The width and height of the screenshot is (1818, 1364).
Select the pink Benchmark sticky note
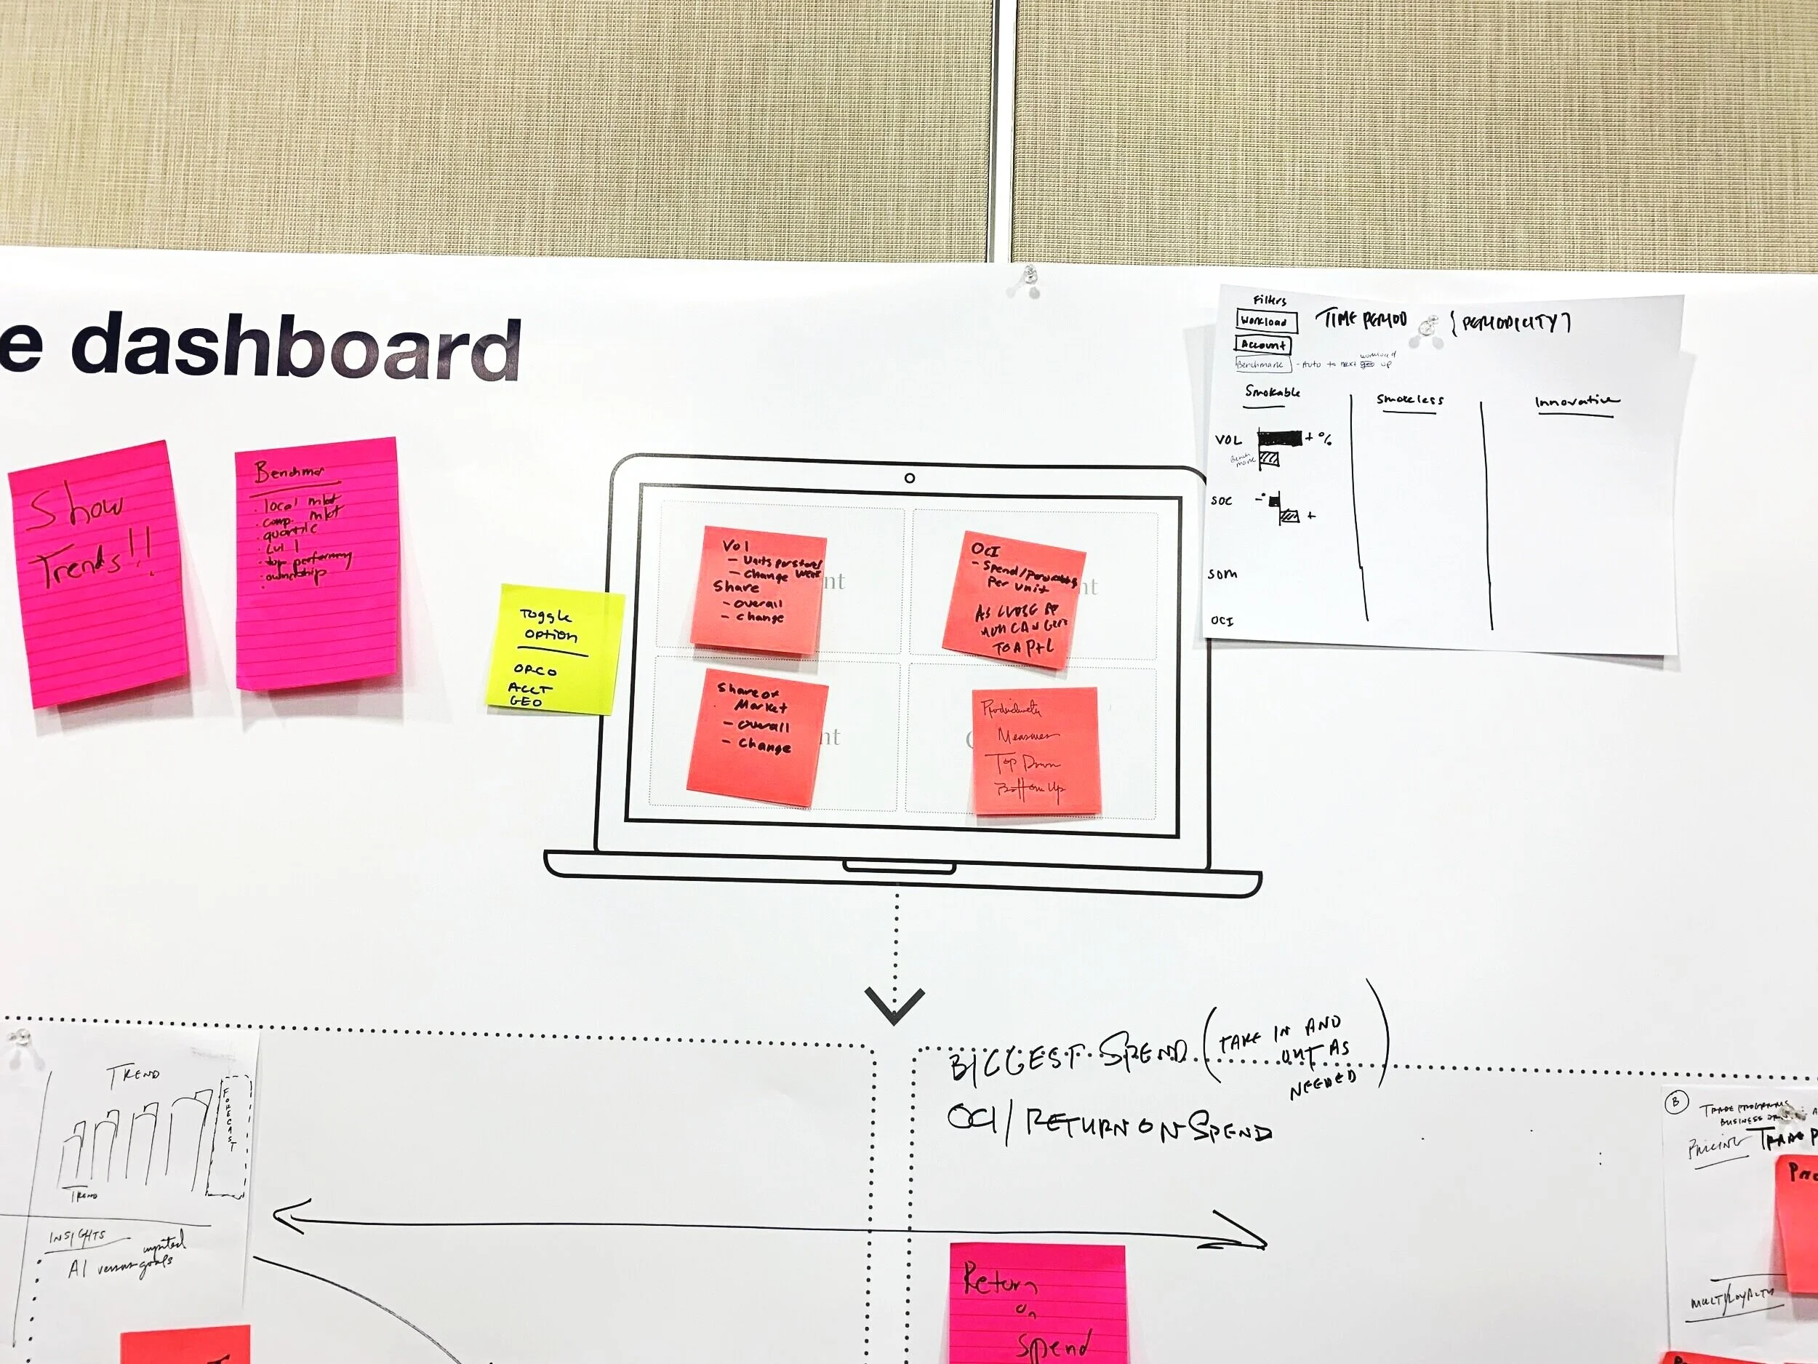coord(316,563)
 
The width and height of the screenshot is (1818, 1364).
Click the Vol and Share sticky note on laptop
coord(758,590)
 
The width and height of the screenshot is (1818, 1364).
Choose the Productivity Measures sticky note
coord(1036,751)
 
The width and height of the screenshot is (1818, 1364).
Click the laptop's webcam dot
coord(909,478)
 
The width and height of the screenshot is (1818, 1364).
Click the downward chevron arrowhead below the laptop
coord(894,1005)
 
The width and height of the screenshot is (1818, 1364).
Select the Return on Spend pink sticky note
coord(1037,1307)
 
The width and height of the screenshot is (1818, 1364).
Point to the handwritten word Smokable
coord(1271,392)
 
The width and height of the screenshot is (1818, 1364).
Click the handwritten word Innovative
coord(1576,402)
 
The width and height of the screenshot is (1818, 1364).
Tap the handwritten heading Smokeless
coord(1409,399)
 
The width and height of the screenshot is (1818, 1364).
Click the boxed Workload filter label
coord(1266,322)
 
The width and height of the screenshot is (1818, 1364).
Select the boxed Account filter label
coord(1262,346)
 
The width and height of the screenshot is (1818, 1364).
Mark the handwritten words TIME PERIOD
coord(1361,319)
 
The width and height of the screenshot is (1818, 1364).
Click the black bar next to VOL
coord(1279,438)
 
